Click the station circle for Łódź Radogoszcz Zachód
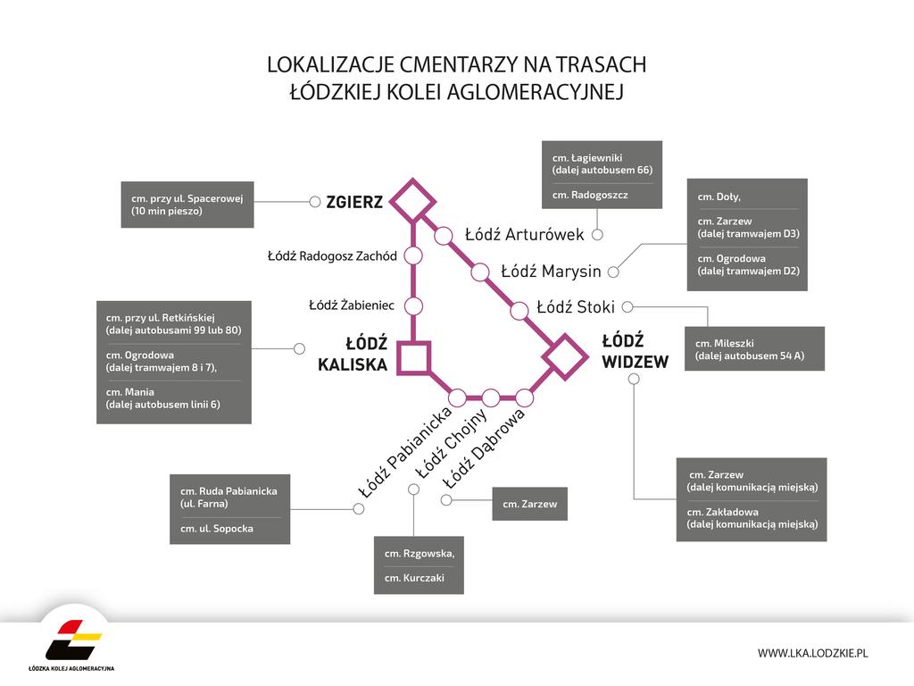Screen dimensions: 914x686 coord(413,255)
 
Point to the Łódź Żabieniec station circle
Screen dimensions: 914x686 coord(413,305)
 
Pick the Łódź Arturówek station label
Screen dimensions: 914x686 coord(524,235)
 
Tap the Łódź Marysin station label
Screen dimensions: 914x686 coord(551,272)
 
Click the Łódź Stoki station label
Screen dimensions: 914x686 coord(576,307)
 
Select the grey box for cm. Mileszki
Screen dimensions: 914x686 coord(754,349)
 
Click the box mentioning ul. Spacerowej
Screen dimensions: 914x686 coord(187,205)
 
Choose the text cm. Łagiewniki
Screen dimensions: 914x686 coord(587,157)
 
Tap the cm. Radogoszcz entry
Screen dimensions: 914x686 coord(590,195)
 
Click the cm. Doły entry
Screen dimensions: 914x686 coord(719,197)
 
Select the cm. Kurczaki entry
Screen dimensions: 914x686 coord(414,578)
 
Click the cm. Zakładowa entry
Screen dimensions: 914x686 coord(752,518)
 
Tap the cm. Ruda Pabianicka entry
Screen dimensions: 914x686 coord(228,497)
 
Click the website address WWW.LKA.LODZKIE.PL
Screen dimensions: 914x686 coord(812,653)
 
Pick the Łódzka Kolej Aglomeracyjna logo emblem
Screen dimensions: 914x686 coord(73,640)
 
